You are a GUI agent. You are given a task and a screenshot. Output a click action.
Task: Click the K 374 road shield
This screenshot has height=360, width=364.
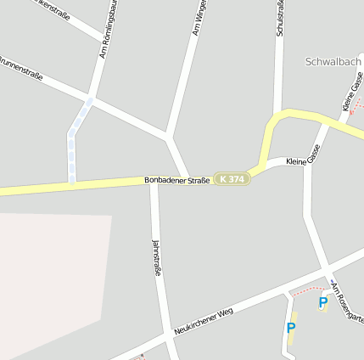(x=231, y=179)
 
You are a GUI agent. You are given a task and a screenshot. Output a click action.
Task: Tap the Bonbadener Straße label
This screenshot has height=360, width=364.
(x=176, y=180)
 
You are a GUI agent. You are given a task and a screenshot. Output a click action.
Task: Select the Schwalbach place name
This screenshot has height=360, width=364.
(x=333, y=62)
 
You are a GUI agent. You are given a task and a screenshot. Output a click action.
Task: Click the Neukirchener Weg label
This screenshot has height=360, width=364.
(x=203, y=320)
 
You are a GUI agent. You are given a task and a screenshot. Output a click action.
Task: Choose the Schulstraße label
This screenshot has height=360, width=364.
(x=280, y=19)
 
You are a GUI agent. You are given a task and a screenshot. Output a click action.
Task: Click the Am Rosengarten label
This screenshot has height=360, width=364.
(x=348, y=302)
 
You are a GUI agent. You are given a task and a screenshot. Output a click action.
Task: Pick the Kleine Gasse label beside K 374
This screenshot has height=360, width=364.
(x=303, y=160)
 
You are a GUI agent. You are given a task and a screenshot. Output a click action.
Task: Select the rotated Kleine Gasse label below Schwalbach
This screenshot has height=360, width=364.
(x=352, y=93)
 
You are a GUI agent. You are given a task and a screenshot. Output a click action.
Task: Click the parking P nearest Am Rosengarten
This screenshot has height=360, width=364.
(x=322, y=301)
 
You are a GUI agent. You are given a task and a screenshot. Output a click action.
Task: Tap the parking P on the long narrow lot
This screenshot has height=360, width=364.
(x=291, y=328)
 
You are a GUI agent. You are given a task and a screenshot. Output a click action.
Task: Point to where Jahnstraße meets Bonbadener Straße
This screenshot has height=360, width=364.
(x=154, y=183)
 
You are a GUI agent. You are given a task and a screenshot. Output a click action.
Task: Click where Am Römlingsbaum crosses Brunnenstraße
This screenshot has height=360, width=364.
(x=92, y=100)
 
